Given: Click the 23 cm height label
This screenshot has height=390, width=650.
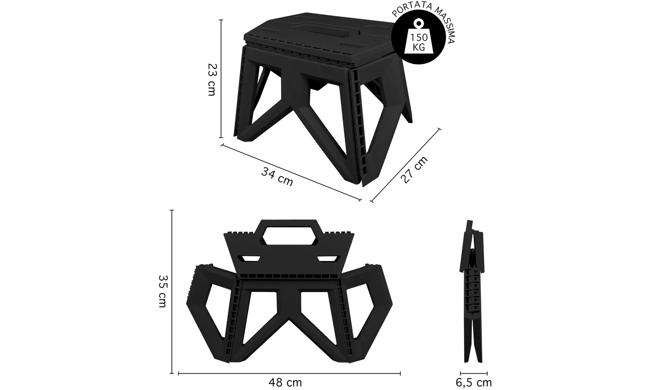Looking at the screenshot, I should pos(211,79).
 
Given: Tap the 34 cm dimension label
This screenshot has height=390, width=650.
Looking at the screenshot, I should pos(277,176).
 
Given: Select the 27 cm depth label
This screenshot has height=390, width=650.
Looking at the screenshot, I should pos(414,169).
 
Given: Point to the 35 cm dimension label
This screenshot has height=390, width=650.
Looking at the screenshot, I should pos(162,291).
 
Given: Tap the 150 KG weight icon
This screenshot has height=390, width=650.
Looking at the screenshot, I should pos(418,39).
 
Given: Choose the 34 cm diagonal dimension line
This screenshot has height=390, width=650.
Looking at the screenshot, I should pos(291,172).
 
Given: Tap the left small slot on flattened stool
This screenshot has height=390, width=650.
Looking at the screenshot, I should pos(250,259).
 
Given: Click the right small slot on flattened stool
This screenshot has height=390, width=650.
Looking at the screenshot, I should pos(327,259).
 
